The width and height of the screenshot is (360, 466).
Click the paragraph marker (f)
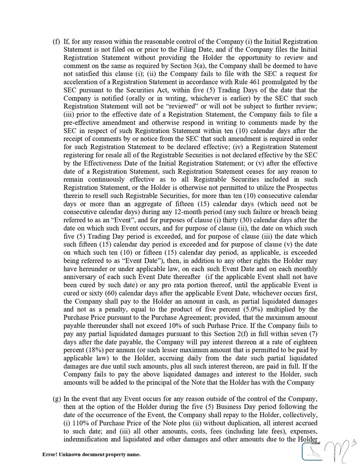(x=56, y=42)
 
